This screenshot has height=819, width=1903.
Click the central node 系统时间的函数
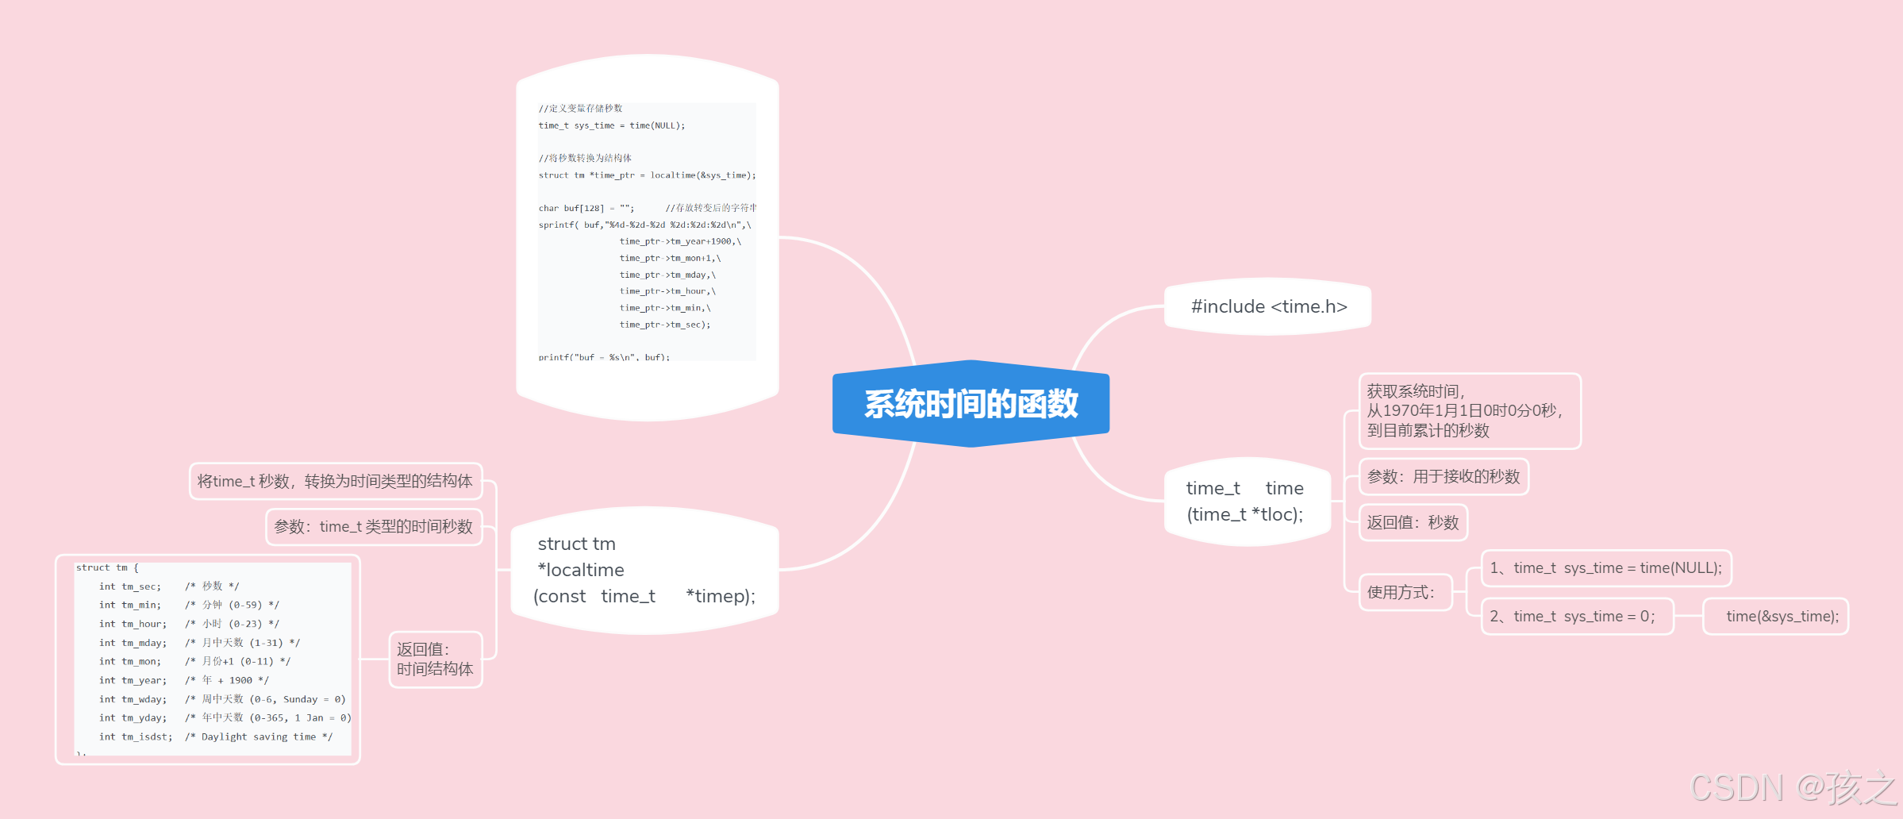coord(971,404)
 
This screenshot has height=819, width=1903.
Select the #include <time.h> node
coord(1268,306)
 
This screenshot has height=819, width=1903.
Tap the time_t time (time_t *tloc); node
coord(1246,501)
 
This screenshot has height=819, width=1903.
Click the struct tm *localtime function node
coord(644,570)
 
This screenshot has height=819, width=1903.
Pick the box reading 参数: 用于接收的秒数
coord(1443,476)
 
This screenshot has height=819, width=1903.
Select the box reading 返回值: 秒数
coord(1413,522)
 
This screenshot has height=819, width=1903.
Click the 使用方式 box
coord(1404,592)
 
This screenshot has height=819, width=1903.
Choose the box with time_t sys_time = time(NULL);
coord(1605,567)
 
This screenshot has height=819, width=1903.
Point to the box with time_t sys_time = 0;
coord(1576,616)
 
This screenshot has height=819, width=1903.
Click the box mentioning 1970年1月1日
coord(1469,411)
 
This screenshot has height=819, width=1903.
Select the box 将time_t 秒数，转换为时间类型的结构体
coord(336,481)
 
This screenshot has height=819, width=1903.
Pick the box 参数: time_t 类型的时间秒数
coord(374,526)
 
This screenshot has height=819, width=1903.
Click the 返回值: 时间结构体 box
coord(435,659)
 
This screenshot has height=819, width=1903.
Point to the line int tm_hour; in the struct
coord(133,624)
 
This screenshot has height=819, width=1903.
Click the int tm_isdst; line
coord(136,736)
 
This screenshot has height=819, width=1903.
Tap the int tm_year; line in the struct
coord(133,680)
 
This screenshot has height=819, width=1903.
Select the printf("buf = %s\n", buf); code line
coord(604,357)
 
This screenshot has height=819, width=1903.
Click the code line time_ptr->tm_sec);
coord(665,325)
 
